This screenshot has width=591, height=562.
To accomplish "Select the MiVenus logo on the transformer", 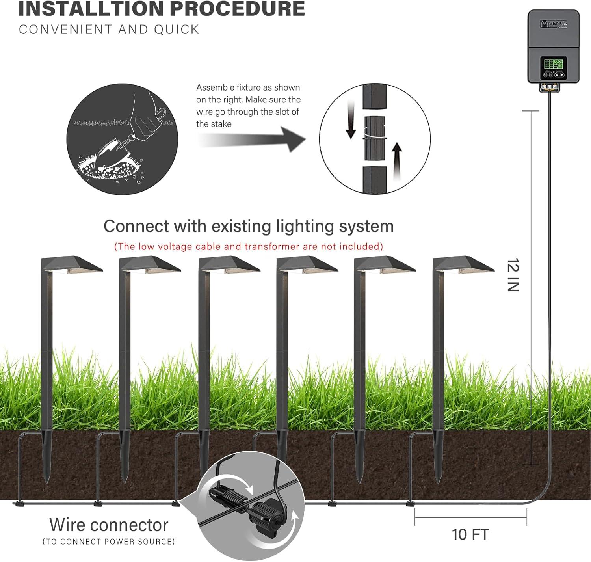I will [x=554, y=24].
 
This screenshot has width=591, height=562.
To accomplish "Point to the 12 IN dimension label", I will [x=513, y=275].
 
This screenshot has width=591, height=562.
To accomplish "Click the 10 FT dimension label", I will [x=470, y=534].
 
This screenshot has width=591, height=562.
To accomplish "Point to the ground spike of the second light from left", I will [x=125, y=457].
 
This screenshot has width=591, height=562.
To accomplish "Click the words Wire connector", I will [x=109, y=525].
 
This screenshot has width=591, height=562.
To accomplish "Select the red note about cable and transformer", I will [x=248, y=247].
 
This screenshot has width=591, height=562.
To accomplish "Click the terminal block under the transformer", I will [x=549, y=87].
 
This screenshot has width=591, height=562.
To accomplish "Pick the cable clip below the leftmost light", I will [x=18, y=504].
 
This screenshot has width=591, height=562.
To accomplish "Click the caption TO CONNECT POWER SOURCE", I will [x=109, y=542].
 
